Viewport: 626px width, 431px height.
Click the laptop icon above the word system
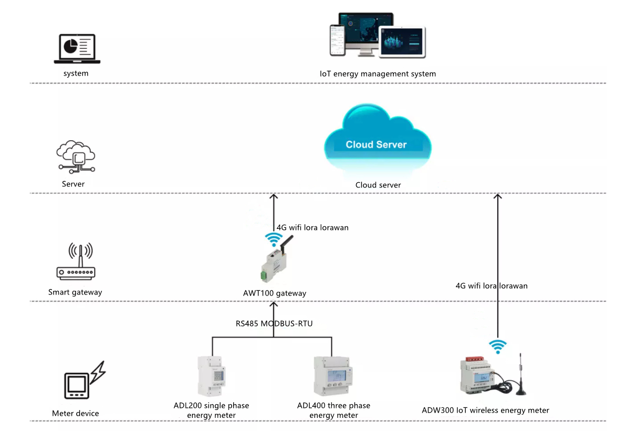[76, 50]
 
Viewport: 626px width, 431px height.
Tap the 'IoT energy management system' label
[378, 73]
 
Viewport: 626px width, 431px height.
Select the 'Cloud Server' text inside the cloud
[376, 144]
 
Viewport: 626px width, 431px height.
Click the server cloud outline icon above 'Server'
[76, 156]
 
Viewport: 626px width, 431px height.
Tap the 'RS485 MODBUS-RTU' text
[274, 323]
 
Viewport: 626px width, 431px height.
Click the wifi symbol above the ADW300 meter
[498, 346]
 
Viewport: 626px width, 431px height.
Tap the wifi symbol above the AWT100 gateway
[273, 239]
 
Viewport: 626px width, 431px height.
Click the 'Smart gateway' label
[75, 292]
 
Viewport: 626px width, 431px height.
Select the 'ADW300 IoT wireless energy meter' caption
[485, 410]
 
